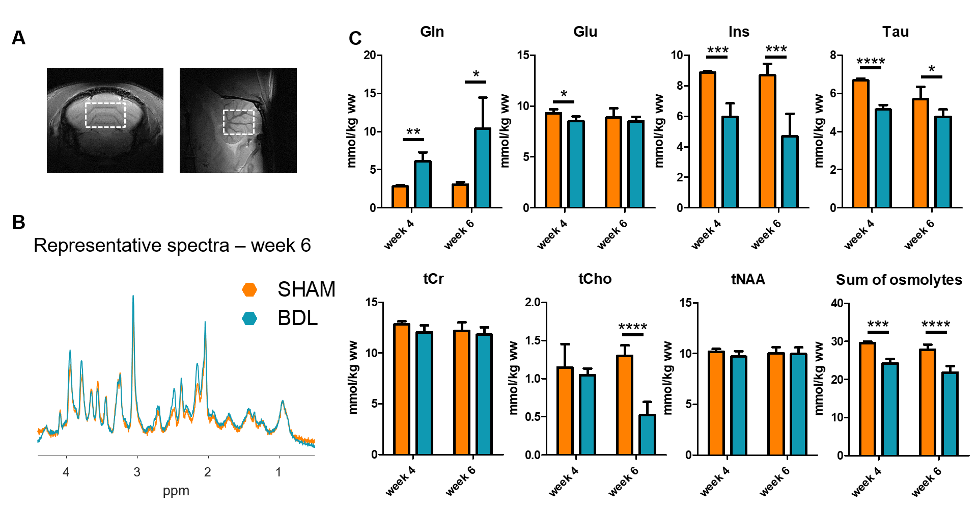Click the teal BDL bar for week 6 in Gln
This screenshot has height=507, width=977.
(x=482, y=168)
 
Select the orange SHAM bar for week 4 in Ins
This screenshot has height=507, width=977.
(x=707, y=140)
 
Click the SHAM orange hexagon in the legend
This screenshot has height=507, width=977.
(x=249, y=289)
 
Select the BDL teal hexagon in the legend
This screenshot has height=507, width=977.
(x=249, y=318)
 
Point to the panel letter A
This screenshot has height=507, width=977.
(x=18, y=38)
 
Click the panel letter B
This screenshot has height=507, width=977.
(x=18, y=222)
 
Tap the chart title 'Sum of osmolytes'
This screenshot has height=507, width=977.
(x=899, y=280)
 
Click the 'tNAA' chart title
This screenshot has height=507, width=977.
(x=748, y=279)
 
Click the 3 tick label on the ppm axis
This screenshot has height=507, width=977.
(x=137, y=472)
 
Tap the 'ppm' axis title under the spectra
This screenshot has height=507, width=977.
(x=176, y=491)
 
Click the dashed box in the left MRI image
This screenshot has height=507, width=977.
(x=105, y=115)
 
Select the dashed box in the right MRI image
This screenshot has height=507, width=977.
(x=239, y=122)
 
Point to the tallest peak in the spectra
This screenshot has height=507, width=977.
(x=133, y=297)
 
